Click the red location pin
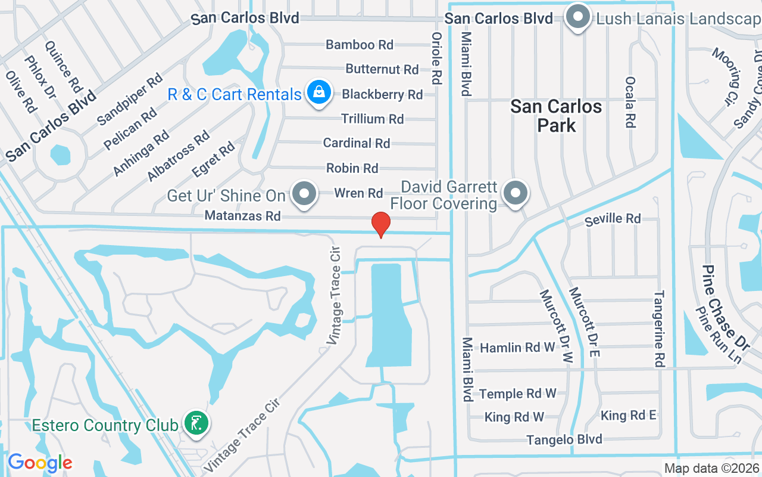[381, 225]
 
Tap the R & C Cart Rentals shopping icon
[319, 93]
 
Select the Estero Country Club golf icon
[196, 423]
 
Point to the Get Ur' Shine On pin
[305, 194]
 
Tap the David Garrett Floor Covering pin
[516, 193]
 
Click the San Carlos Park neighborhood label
[557, 116]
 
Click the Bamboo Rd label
[360, 45]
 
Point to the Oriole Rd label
[436, 57]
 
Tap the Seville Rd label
[613, 219]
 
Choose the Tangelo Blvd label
[564, 440]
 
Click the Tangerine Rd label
[660, 329]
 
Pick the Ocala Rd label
[630, 102]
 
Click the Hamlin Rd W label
[518, 348]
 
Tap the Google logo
[40, 462]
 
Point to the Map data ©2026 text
[711, 469]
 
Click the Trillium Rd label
[373, 119]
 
